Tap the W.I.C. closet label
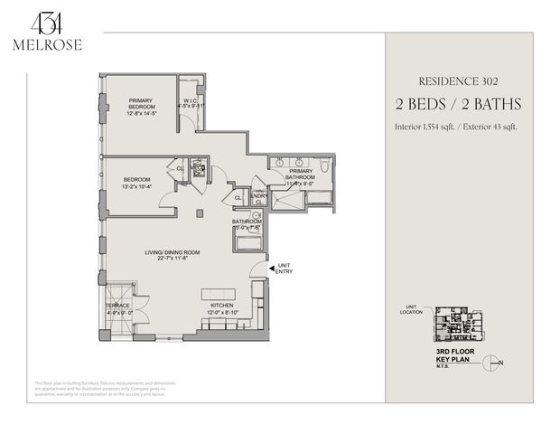click(x=191, y=102)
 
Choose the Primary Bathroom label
click(x=300, y=175)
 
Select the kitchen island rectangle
click(x=222, y=295)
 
